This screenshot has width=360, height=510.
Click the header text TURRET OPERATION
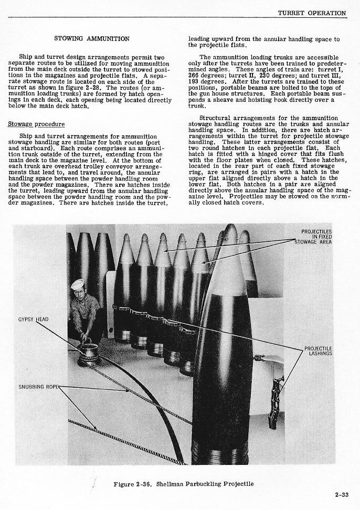pos(311,13)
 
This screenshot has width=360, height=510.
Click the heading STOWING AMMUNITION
pos(92,38)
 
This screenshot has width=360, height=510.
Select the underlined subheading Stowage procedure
pos(36,124)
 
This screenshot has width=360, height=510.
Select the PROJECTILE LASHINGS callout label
pos(318,350)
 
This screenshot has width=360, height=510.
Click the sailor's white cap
pos(78,284)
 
